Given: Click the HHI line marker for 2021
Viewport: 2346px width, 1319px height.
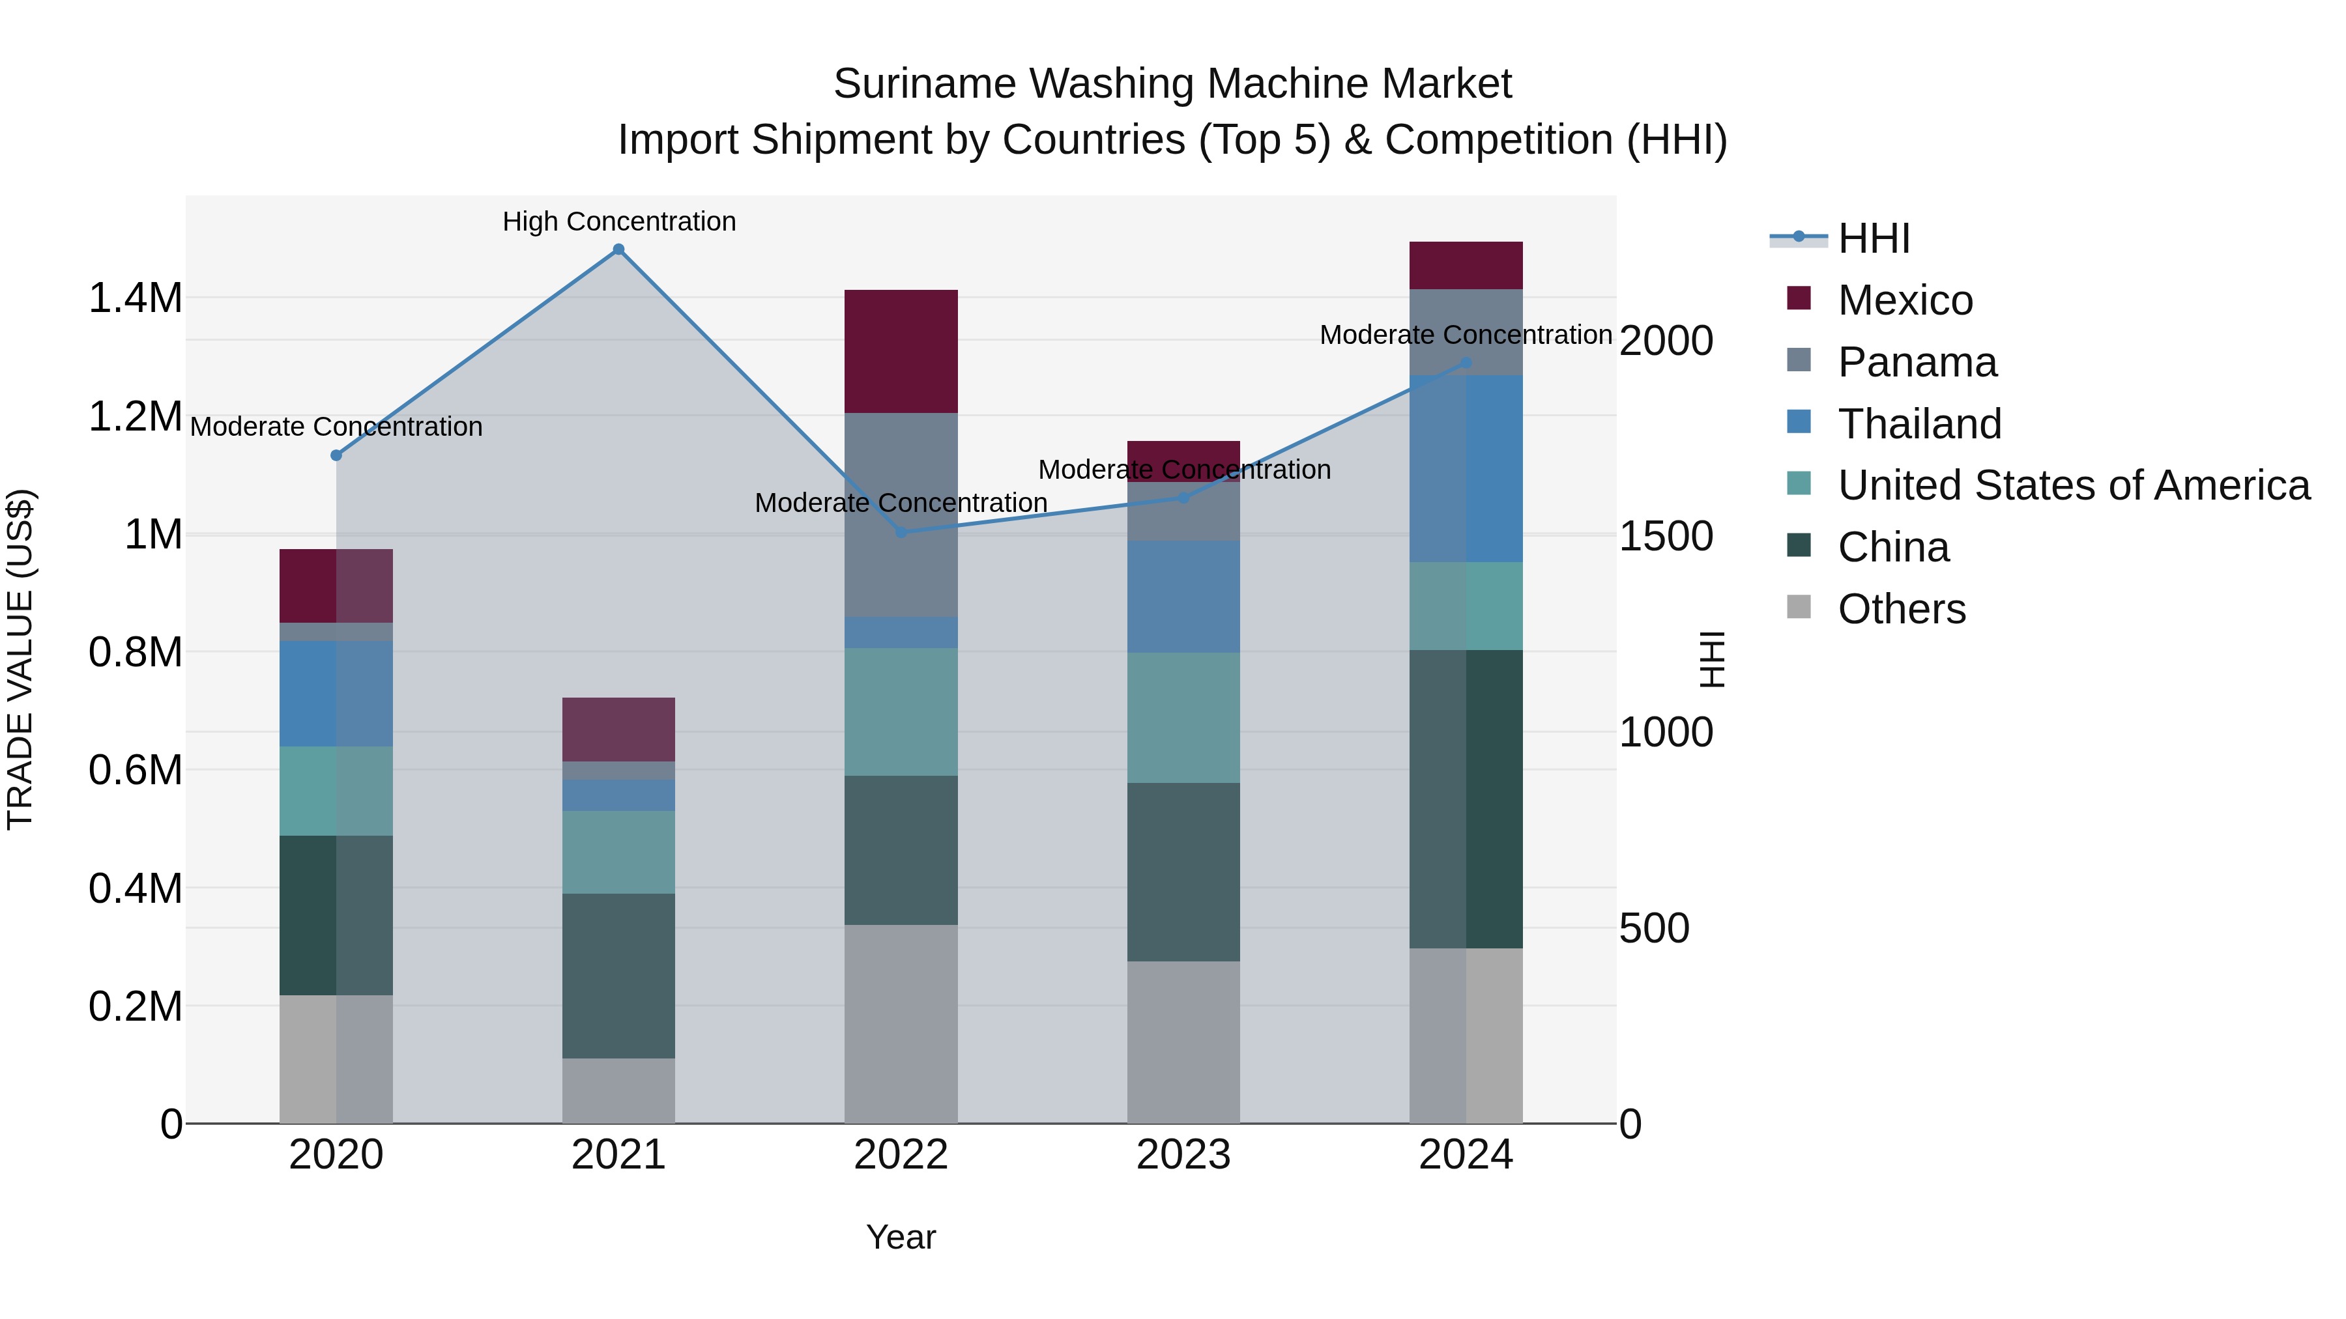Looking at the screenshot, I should click(618, 249).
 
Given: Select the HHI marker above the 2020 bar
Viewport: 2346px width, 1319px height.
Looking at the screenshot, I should click(336, 455).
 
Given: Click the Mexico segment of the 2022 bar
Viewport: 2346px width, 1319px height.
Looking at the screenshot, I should click(901, 351).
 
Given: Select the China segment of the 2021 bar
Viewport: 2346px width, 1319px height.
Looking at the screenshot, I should click(618, 975).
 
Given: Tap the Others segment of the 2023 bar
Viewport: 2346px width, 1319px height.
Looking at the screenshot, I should click(1183, 1042).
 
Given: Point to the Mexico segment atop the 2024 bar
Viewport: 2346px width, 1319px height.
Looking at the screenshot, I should click(1466, 265).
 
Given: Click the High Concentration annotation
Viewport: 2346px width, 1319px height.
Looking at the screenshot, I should click(618, 221).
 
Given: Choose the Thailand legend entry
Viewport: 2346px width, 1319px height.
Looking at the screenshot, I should click(1919, 424).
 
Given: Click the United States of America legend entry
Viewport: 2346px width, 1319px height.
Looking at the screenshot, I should click(2073, 485).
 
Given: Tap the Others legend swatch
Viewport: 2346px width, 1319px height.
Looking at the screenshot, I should click(1799, 607).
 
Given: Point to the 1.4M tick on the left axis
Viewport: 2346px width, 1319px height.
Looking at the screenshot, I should click(135, 298).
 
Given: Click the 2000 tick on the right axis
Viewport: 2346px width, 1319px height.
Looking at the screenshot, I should click(1666, 341).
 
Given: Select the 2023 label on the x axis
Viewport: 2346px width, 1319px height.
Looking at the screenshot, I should click(1183, 1155).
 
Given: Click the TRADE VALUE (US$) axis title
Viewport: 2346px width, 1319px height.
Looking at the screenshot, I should click(20, 659).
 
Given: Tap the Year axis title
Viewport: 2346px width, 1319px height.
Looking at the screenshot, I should click(901, 1237).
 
